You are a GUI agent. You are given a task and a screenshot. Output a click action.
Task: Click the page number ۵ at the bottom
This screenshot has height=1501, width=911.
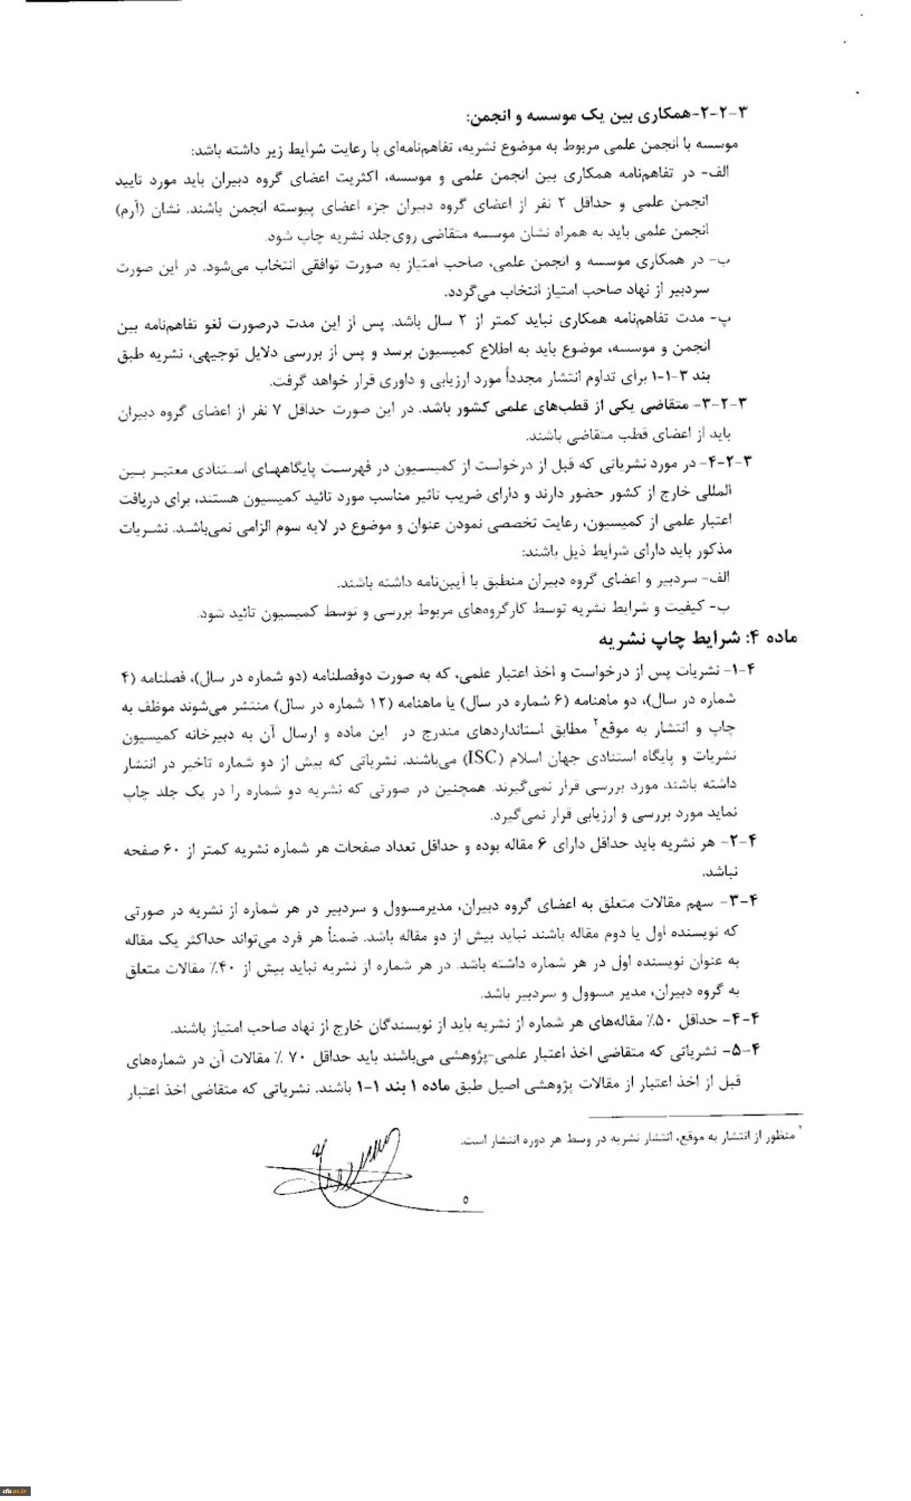click(465, 1201)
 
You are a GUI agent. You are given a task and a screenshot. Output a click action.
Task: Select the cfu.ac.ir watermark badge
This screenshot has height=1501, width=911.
click(15, 1490)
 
